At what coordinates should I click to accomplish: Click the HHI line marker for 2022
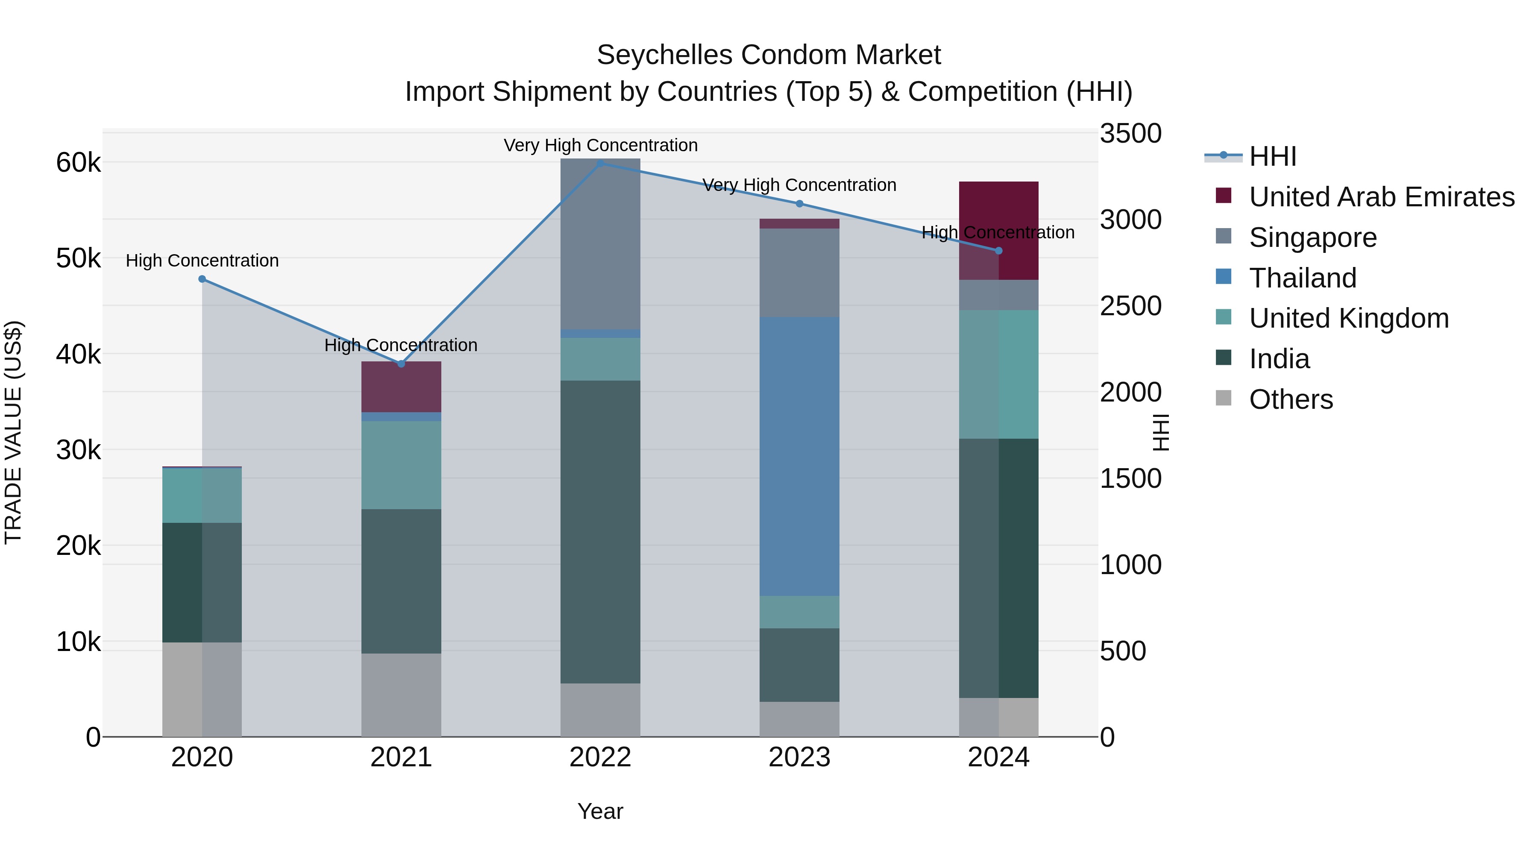[601, 163]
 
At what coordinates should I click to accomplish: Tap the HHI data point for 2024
[999, 251]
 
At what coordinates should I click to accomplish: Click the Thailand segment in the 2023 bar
[799, 456]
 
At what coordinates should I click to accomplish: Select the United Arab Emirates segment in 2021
[401, 386]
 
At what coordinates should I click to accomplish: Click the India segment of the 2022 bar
[601, 531]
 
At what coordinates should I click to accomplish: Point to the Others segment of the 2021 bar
[401, 695]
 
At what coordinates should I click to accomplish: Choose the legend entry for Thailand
[1302, 278]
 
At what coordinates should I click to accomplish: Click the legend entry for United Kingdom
[1348, 318]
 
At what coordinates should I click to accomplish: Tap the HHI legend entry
[1272, 156]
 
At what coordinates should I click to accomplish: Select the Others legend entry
[1290, 399]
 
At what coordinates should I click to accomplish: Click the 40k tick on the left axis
[78, 355]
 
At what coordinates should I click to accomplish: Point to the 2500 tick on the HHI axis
[1130, 306]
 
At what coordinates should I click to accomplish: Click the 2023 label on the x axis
[799, 757]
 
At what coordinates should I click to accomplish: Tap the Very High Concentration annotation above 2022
[601, 145]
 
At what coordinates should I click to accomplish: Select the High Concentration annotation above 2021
[401, 345]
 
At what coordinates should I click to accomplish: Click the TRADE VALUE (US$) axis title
[13, 432]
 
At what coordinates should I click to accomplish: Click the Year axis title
[600, 811]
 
